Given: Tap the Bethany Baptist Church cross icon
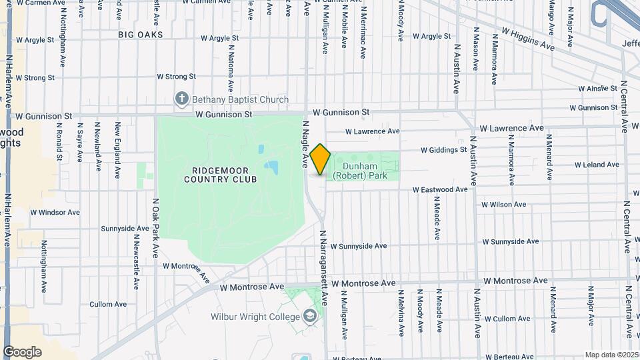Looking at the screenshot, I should pyautogui.click(x=181, y=99).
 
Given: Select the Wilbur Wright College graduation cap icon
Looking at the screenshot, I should pyautogui.click(x=309, y=315).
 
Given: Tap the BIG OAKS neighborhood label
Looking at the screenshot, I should pyautogui.click(x=141, y=34).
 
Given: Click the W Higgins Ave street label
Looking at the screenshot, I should pyautogui.click(x=528, y=39).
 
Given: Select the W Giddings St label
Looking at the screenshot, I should pyautogui.click(x=443, y=150).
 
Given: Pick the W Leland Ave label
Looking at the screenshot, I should pyautogui.click(x=597, y=165).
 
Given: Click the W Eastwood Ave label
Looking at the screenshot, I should pyautogui.click(x=440, y=190).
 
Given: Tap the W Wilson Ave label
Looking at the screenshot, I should pyautogui.click(x=503, y=205).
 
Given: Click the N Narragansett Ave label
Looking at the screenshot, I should pyautogui.click(x=323, y=267).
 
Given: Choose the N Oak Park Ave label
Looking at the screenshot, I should pyautogui.click(x=155, y=227).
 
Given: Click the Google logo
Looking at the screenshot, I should pyautogui.click(x=22, y=352).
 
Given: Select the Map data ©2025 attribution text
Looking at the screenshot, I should pyautogui.click(x=612, y=355).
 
